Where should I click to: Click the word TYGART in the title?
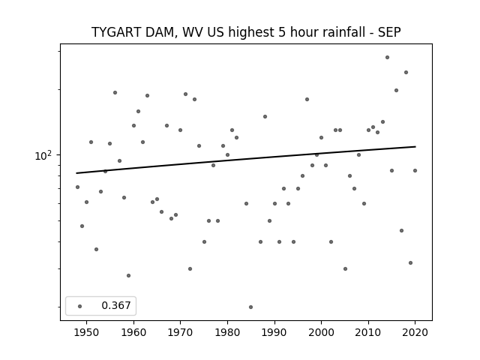(x=117, y=32)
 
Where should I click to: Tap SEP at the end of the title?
(x=389, y=32)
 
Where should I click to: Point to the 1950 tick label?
(x=87, y=332)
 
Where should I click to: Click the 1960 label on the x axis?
(x=133, y=332)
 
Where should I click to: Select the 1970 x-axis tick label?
(x=180, y=332)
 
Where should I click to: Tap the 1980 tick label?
(x=227, y=332)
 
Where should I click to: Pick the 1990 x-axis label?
(x=274, y=332)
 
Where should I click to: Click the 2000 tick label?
(x=321, y=332)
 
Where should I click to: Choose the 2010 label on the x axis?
(x=368, y=332)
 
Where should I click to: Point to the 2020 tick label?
(x=415, y=332)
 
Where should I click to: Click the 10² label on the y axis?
(x=43, y=155)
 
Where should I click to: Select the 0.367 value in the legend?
(x=116, y=305)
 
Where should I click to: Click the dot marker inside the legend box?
(x=80, y=306)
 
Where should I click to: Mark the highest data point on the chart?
(x=387, y=57)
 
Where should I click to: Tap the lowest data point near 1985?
(x=250, y=307)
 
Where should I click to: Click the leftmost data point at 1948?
(x=77, y=187)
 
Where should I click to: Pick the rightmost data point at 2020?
(x=415, y=170)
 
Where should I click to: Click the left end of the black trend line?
(x=76, y=173)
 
